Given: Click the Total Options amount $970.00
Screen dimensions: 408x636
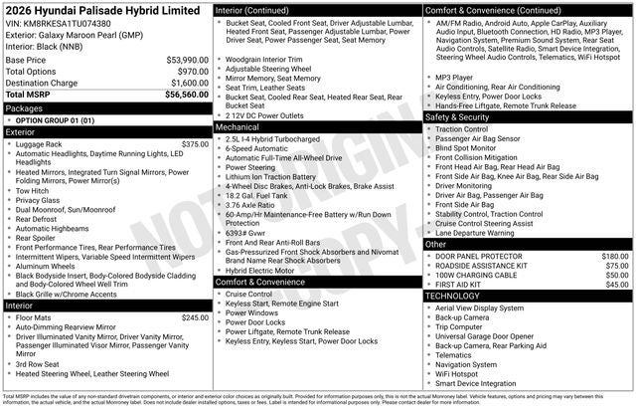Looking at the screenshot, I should (188, 72).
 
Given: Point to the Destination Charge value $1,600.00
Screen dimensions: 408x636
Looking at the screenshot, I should (185, 84).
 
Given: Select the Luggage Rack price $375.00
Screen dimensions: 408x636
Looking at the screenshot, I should (195, 144).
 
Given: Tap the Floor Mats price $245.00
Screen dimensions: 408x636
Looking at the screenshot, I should (195, 318).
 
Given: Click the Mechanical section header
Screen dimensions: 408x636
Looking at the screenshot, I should (238, 127).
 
